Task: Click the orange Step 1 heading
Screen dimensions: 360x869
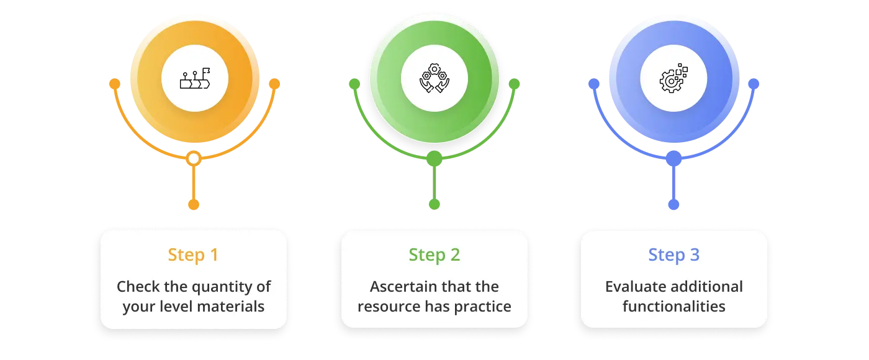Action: click(193, 255)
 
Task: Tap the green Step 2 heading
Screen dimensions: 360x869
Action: click(434, 255)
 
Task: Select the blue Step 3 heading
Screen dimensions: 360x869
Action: click(673, 255)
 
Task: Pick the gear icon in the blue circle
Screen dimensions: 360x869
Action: click(673, 79)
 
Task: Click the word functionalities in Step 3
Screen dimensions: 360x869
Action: click(673, 307)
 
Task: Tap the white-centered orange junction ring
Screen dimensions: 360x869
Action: click(194, 159)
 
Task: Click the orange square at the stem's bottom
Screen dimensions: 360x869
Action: click(194, 204)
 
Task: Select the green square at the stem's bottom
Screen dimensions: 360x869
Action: click(434, 204)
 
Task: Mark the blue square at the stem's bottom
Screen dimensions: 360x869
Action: click(673, 204)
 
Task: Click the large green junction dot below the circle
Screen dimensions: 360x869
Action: click(434, 159)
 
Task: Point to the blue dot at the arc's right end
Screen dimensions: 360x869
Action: click(753, 83)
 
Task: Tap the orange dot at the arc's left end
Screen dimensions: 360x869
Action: click(115, 83)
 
